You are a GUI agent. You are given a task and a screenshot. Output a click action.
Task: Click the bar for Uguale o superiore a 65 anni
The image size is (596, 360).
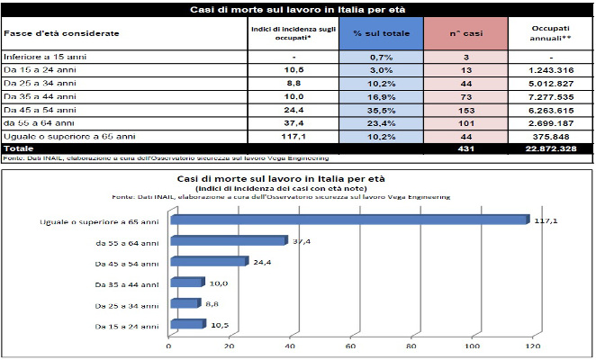pyautogui.click(x=347, y=220)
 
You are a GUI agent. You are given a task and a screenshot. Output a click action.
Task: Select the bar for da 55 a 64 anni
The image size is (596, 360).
pyautogui.click(x=227, y=241)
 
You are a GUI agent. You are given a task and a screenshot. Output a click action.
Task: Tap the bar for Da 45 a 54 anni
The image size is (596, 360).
pyautogui.click(x=207, y=262)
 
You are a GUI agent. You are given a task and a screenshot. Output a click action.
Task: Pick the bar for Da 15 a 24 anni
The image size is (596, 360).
pyautogui.click(x=186, y=324)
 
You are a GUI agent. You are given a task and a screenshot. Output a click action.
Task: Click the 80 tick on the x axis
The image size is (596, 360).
pyautogui.click(x=411, y=344)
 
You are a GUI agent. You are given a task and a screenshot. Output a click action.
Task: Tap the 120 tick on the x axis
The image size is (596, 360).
pyautogui.click(x=532, y=344)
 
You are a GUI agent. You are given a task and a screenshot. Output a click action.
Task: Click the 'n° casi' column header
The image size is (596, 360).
pyautogui.click(x=466, y=32)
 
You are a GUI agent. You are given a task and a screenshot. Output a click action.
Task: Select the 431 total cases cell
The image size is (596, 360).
pyautogui.click(x=466, y=147)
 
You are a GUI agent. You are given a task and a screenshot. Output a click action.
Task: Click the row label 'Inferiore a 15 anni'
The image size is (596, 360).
pyautogui.click(x=38, y=57)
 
